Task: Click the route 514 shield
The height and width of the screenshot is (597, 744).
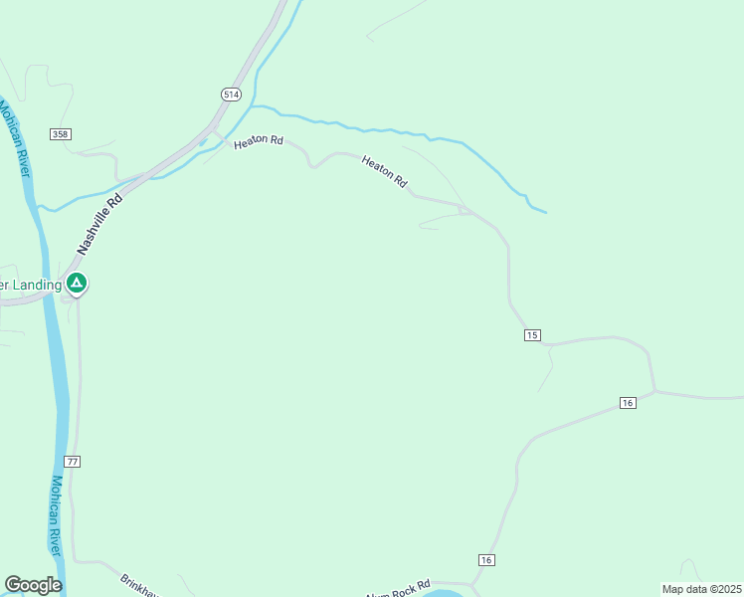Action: tap(231, 94)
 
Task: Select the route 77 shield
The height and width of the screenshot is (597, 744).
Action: tap(71, 462)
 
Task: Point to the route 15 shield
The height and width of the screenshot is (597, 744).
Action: tap(532, 335)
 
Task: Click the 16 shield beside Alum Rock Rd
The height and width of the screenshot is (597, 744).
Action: tap(485, 560)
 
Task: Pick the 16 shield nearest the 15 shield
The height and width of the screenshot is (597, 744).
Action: tap(627, 402)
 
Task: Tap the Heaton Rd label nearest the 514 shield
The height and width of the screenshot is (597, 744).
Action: tap(259, 142)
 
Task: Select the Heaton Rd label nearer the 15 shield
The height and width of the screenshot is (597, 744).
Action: tap(385, 171)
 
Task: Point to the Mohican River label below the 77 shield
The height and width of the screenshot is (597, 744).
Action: tap(57, 515)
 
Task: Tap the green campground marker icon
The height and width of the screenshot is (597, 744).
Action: tap(77, 284)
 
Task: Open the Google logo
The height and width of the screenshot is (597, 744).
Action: tap(33, 585)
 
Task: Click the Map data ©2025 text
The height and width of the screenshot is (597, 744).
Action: tap(701, 589)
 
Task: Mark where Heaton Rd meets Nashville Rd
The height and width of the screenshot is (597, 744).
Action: tap(214, 130)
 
